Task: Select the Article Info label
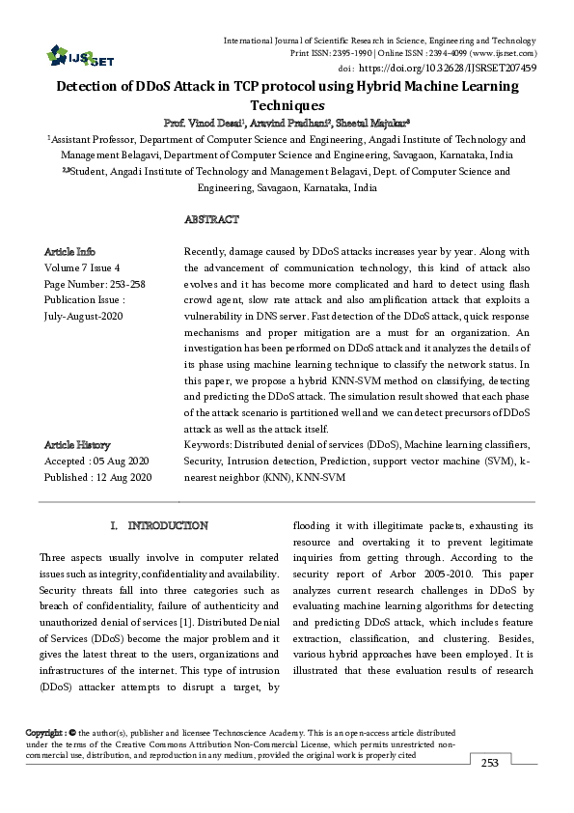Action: pyautogui.click(x=69, y=251)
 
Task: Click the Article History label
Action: pyautogui.click(x=77, y=444)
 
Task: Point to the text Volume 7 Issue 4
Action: pyautogui.click(x=82, y=267)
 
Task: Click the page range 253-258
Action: pyautogui.click(x=123, y=285)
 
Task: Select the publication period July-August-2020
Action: pyautogui.click(x=84, y=317)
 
